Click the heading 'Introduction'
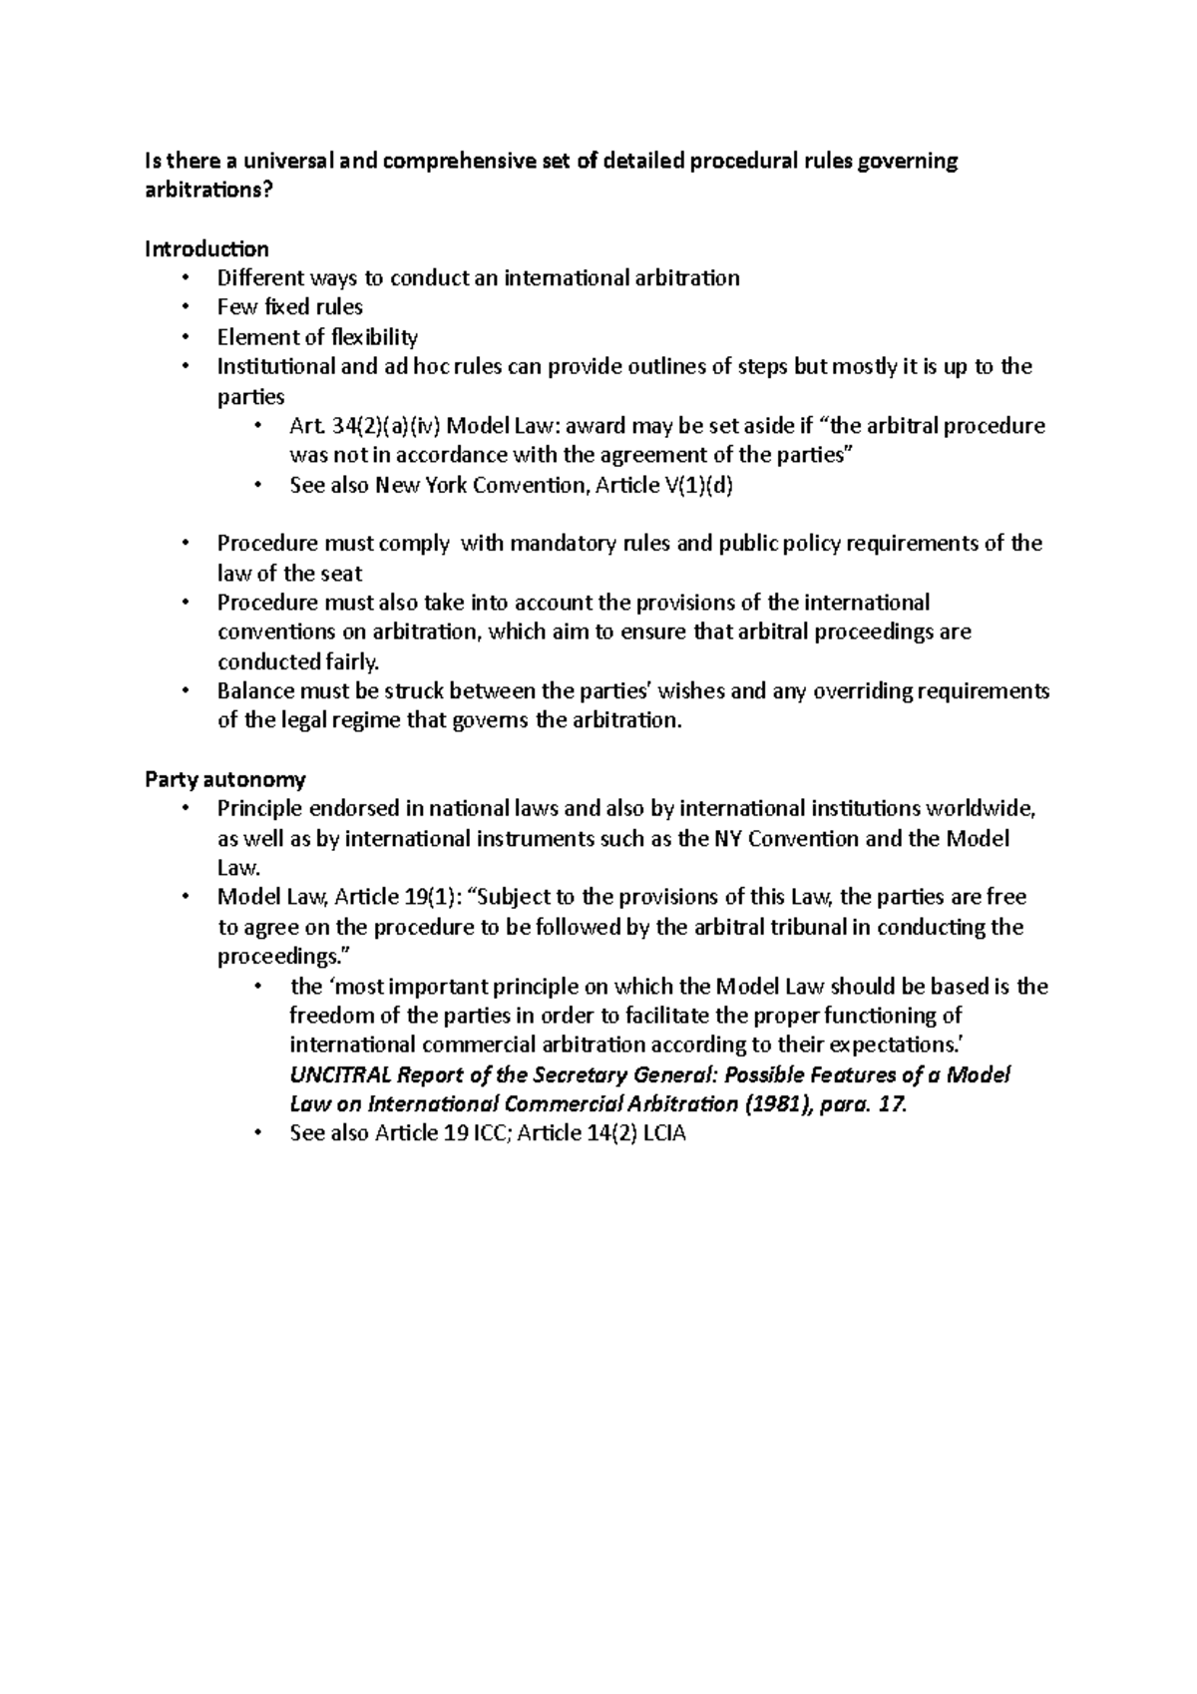(x=206, y=248)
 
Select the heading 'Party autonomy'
(x=225, y=779)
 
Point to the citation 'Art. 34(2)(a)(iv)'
(x=364, y=427)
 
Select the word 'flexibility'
(x=375, y=337)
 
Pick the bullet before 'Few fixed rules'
(x=186, y=307)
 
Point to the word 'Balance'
(x=253, y=691)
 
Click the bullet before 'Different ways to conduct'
(x=186, y=278)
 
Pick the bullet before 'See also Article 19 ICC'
(x=257, y=1133)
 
